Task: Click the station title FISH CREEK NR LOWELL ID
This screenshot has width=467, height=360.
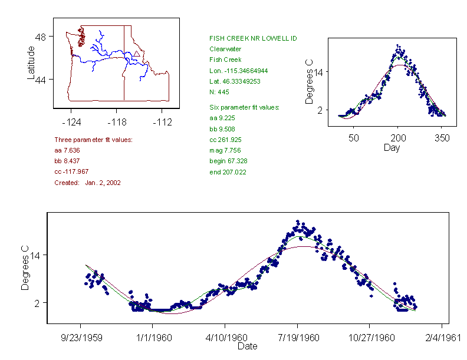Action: point(253,38)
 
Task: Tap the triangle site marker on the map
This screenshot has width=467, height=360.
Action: point(137,54)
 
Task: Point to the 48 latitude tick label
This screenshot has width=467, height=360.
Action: point(42,37)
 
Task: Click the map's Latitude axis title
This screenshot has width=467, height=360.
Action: point(31,62)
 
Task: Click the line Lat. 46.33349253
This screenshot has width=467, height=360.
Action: point(235,81)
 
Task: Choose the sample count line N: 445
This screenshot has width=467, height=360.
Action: point(219,92)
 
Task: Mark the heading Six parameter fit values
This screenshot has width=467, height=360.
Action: point(244,107)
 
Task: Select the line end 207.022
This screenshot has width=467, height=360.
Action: point(228,172)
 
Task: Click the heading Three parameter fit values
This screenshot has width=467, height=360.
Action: point(93,140)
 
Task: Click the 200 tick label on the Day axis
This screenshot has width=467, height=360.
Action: point(397,138)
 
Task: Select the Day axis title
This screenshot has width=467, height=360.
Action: point(392,147)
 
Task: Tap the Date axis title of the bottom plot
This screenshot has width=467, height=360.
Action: point(247,346)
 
